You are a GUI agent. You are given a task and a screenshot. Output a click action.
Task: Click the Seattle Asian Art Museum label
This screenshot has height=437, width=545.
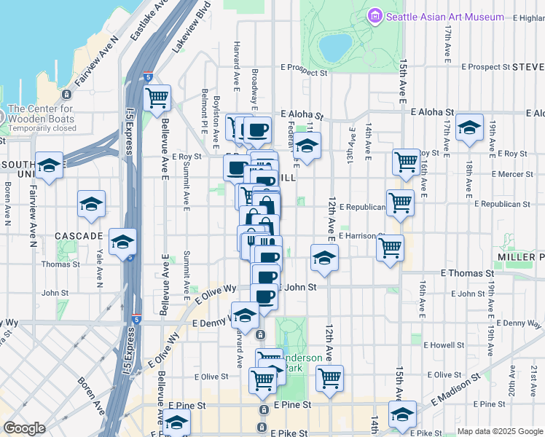tap(444, 17)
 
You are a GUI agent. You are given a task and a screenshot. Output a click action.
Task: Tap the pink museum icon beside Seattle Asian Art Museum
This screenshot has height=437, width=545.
tap(376, 16)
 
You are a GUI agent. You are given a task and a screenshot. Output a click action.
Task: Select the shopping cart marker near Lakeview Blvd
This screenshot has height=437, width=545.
tap(157, 98)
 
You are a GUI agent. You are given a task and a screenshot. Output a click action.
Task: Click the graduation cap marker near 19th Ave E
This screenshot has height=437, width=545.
tap(470, 127)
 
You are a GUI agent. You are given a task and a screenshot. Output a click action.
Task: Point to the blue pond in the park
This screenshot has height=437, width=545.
tap(334, 49)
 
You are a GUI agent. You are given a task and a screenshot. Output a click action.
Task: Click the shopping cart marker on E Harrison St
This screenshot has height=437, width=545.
tap(391, 247)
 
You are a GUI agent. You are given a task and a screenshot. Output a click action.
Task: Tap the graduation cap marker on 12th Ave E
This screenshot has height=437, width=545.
tap(325, 258)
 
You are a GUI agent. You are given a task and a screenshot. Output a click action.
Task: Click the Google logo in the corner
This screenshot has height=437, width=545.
tap(24, 428)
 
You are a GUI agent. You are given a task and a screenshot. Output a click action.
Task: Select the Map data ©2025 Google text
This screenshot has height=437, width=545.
tap(501, 431)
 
